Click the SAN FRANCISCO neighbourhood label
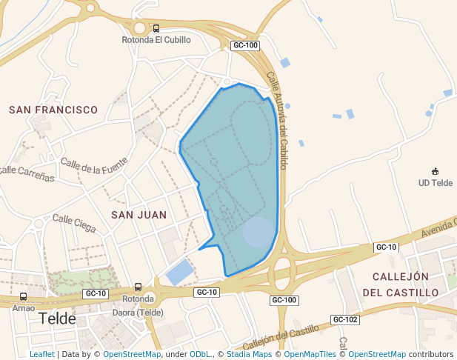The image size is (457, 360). pyautogui.click(x=53, y=110)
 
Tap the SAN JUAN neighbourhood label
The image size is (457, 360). pyautogui.click(x=139, y=215)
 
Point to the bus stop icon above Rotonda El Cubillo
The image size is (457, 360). pyautogui.click(x=156, y=28)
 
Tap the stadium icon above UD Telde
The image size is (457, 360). pyautogui.click(x=435, y=172)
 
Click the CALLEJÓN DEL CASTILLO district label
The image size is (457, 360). pyautogui.click(x=401, y=284)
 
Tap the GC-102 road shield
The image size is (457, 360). pyautogui.click(x=345, y=319)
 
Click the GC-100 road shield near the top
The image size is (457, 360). pyautogui.click(x=245, y=45)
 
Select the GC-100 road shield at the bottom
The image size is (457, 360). pyautogui.click(x=284, y=300)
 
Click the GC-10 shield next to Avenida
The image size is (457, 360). pyautogui.click(x=386, y=247)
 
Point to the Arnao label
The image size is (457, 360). pyautogui.click(x=24, y=307)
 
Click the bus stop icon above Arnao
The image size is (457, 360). pyautogui.click(x=24, y=297)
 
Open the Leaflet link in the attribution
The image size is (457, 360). pyautogui.click(x=41, y=354)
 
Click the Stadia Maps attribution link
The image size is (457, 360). pyautogui.click(x=248, y=354)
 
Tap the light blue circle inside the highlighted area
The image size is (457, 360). pyautogui.click(x=258, y=232)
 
